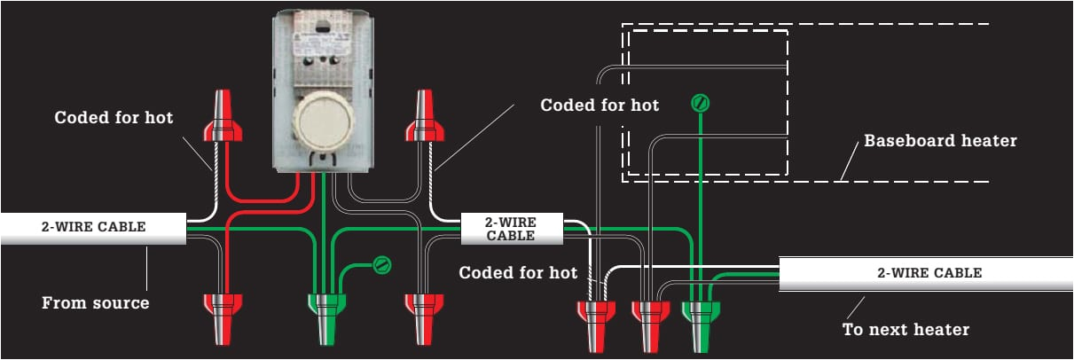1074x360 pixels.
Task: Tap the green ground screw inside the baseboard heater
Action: tap(701, 104)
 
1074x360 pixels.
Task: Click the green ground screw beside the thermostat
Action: tap(382, 263)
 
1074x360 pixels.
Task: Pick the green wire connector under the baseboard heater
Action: tap(702, 319)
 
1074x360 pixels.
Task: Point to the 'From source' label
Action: tap(96, 303)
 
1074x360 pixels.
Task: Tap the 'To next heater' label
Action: tap(905, 330)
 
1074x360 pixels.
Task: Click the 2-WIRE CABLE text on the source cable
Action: tap(93, 226)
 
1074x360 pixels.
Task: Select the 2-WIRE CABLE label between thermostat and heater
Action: tap(511, 229)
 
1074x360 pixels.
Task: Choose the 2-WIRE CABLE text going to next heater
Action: tap(929, 272)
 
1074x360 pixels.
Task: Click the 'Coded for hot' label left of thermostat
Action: tap(114, 117)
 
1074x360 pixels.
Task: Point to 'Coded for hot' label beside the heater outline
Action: tap(600, 106)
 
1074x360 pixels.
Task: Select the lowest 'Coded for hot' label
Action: tap(518, 272)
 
